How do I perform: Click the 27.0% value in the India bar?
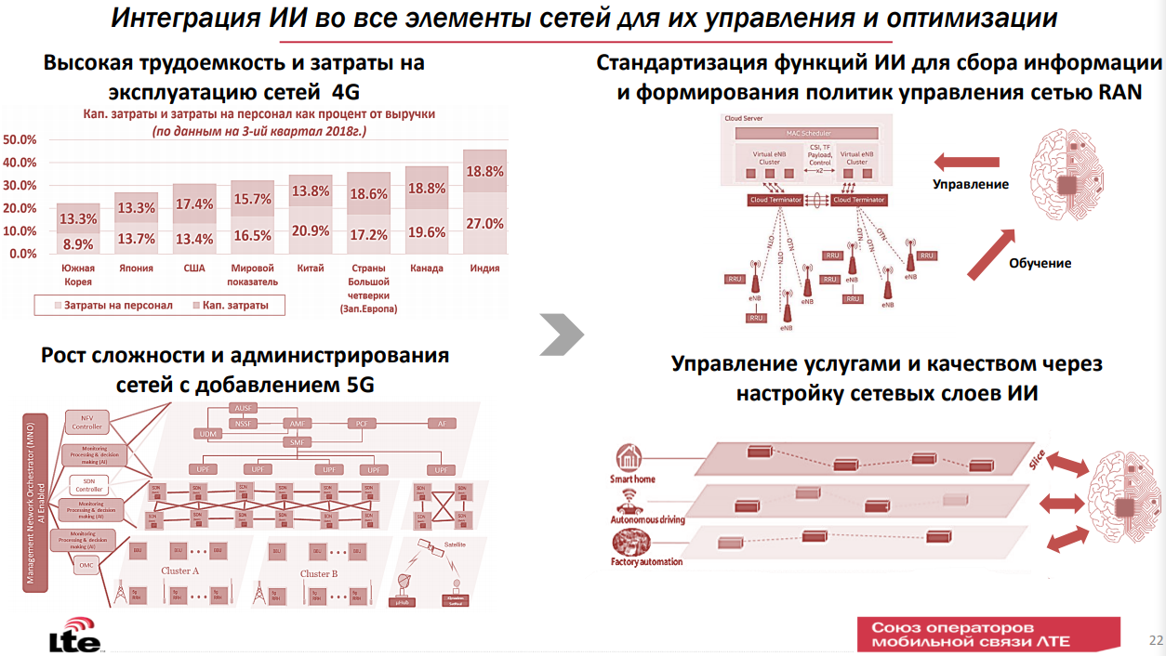(484, 224)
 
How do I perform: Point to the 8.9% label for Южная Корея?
(77, 244)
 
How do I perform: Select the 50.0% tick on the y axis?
(20, 140)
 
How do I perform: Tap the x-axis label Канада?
(427, 269)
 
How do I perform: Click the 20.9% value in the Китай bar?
(311, 230)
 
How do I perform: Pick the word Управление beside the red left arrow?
(971, 184)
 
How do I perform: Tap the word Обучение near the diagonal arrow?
(1040, 263)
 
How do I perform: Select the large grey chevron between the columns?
(562, 334)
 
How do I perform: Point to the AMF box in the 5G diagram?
(298, 424)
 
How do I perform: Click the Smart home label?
(632, 479)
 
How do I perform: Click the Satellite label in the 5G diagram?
(455, 544)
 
